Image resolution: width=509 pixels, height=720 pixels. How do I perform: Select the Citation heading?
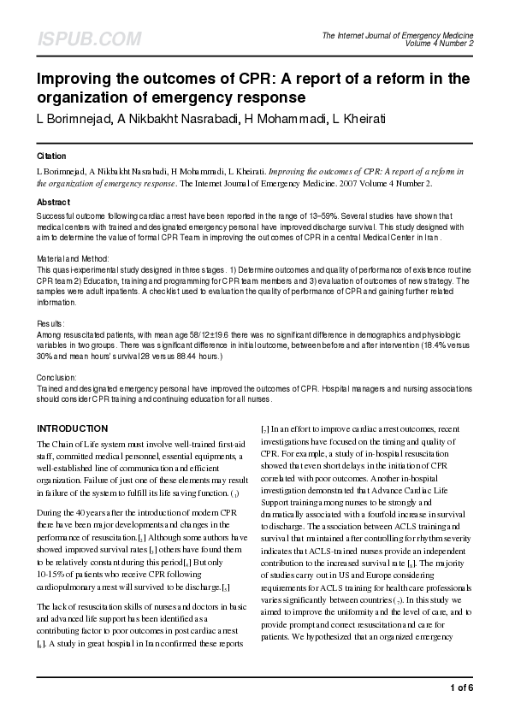(x=51, y=156)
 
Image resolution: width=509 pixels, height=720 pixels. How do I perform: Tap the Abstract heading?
(x=53, y=202)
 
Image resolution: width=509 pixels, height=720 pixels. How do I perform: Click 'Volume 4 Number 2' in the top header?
(x=440, y=43)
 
